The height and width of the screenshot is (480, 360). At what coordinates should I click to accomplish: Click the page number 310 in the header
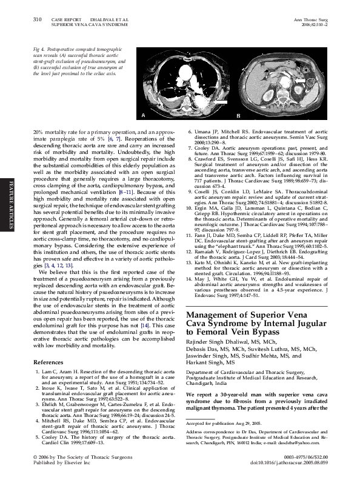[x=36, y=20]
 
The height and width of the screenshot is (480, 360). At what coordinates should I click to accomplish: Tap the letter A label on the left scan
[x=144, y=115]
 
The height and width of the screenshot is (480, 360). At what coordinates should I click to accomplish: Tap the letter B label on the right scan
[x=239, y=115]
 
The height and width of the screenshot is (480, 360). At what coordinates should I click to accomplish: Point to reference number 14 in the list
[x=190, y=280]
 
